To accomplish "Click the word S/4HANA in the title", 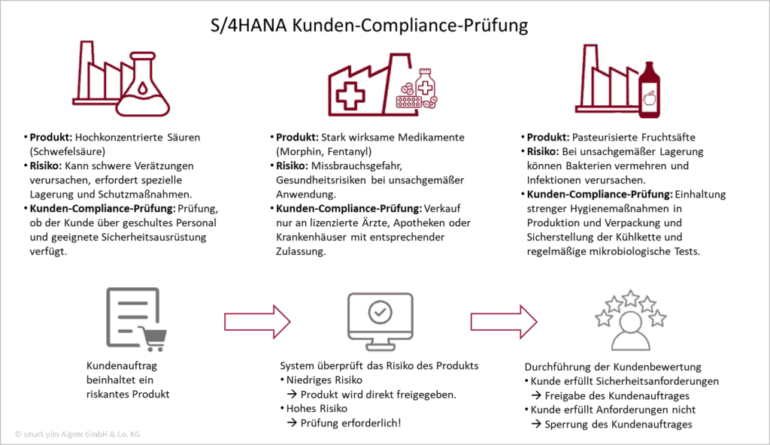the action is [248, 25].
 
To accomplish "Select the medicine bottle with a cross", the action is [426, 84].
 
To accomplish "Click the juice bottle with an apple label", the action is [649, 90].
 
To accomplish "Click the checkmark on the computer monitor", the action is [380, 312].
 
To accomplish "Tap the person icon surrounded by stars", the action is [631, 330].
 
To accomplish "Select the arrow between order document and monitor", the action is [257, 322].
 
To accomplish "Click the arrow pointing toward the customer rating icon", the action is [504, 322].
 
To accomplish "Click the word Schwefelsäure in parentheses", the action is [68, 151].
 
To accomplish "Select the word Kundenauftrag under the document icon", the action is [122, 366].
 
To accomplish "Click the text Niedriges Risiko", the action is [324, 380].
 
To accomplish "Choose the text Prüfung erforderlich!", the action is [350, 423].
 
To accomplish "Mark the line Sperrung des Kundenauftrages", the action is [618, 425].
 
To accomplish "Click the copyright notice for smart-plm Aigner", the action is [77, 434].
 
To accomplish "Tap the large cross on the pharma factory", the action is [350, 95].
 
